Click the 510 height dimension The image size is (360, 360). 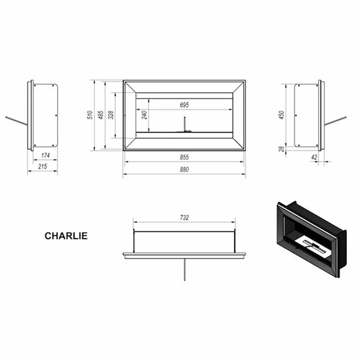pos(90,115)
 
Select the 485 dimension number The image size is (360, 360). pos(101,115)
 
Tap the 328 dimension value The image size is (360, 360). pos(111,115)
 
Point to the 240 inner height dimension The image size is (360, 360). pos(144,115)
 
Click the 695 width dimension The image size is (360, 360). pos(184,105)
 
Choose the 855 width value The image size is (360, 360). pos(184,157)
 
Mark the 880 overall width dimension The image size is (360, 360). pos(184,170)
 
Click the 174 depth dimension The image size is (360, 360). pos(45,156)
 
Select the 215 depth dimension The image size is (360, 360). pos(43,166)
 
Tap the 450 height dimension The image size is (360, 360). pos(282,115)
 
